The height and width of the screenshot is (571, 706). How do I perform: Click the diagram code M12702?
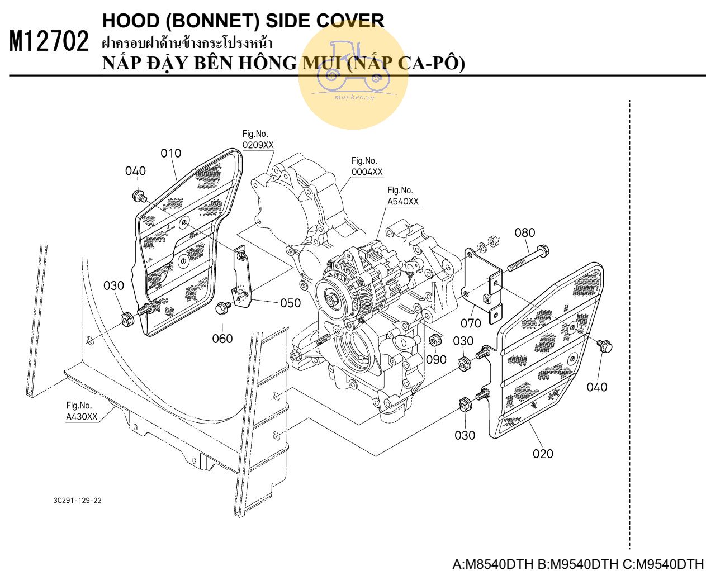click(49, 42)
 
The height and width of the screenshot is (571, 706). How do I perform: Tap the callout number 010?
click(170, 153)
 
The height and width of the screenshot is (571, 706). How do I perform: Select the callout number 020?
click(542, 454)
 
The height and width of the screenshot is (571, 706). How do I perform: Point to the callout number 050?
click(290, 303)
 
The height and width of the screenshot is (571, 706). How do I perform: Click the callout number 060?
click(222, 339)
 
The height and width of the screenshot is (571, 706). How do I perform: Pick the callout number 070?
click(471, 323)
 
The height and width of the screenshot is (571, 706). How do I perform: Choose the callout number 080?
click(524, 232)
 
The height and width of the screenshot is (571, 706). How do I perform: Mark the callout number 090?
click(436, 359)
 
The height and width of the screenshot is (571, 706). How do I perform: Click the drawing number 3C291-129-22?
click(77, 500)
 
